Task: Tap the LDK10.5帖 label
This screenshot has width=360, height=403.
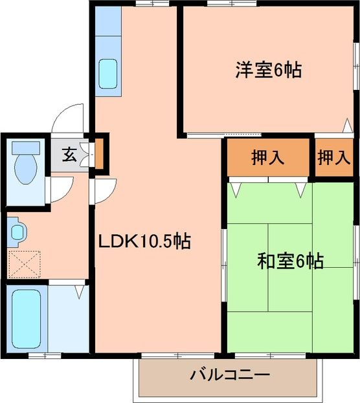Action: click(144, 241)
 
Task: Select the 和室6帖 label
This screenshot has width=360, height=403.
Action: click(291, 262)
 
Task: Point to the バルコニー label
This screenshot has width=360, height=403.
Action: click(230, 375)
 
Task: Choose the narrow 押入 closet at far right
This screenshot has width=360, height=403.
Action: click(333, 157)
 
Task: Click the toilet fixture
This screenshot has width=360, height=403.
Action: click(25, 164)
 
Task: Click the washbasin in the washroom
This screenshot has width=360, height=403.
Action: click(17, 231)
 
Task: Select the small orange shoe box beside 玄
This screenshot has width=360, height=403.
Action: click(100, 155)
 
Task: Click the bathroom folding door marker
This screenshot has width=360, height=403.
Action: click(78, 291)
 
